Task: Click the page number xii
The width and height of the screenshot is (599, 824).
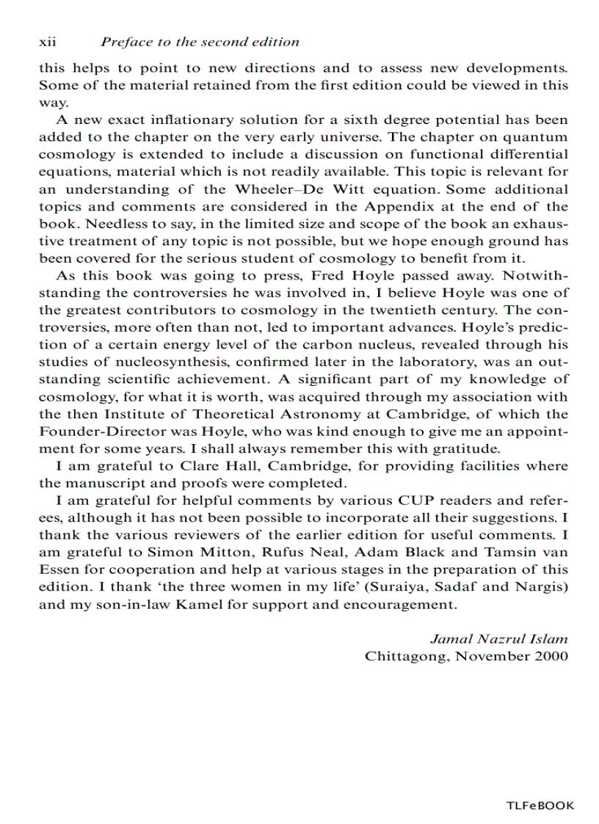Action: click(48, 43)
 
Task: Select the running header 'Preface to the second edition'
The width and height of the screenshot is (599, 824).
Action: click(200, 43)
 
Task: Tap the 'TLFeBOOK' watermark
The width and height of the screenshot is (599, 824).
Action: click(540, 806)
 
